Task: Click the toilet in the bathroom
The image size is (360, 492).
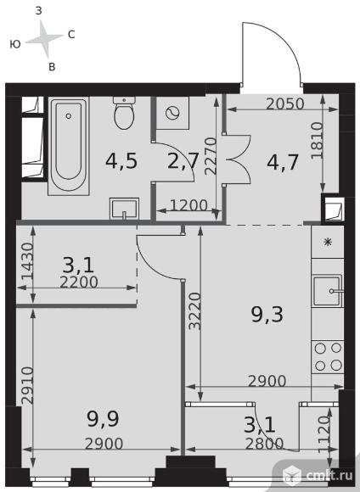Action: coord(124,113)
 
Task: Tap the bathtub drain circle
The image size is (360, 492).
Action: coord(69,116)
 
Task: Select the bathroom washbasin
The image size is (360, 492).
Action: coord(124,209)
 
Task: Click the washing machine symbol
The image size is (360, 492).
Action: coord(172,113)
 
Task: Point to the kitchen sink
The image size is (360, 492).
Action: coord(328,291)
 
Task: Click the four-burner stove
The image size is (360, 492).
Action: coord(328,356)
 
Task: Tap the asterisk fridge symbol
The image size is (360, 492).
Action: coord(328,242)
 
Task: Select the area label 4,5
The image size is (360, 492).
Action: coord(121,161)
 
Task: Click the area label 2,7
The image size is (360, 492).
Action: coord(183,161)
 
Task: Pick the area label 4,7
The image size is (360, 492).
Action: coord(283,162)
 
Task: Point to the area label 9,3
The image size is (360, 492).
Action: coord(267,315)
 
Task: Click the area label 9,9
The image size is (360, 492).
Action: coord(103,419)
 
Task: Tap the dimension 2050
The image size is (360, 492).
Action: coord(285,103)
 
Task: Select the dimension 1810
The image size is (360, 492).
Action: coord(317,141)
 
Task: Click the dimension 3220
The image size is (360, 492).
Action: coord(194,311)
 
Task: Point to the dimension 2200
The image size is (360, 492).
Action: coord(79,282)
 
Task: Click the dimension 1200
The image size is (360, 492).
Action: coord(188,205)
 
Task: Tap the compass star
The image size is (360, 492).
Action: coord(44,38)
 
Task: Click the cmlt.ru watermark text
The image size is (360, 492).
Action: coord(329,475)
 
